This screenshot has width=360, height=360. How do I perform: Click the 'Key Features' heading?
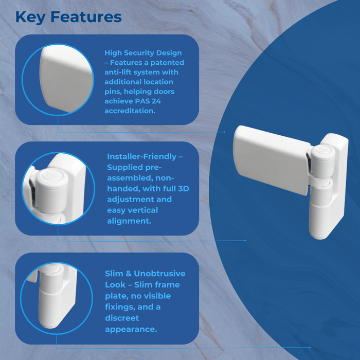click(x=68, y=17)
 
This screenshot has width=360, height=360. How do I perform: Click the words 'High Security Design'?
click(x=143, y=53)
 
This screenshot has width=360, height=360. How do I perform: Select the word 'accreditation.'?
click(x=130, y=111)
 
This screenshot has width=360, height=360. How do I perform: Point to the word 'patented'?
click(x=165, y=63)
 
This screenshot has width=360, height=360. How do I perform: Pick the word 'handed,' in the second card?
click(x=122, y=189)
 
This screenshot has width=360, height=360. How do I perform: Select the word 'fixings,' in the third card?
click(x=121, y=307)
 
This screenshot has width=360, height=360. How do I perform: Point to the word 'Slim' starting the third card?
click(x=114, y=274)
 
